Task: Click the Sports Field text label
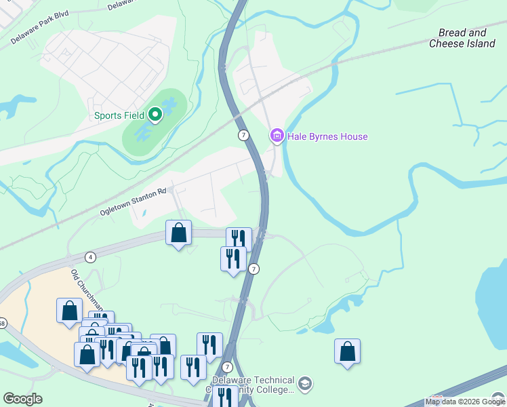click(x=119, y=115)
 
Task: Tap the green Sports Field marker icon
click(x=155, y=115)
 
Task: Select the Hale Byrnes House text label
click(x=327, y=136)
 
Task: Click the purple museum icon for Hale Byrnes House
click(x=277, y=136)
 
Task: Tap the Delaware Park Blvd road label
click(x=41, y=31)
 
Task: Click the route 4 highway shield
click(x=90, y=257)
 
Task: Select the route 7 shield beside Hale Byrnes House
click(x=243, y=136)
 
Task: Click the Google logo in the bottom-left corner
click(x=23, y=399)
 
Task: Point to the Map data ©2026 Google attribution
click(x=465, y=402)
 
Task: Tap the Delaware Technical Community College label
click(x=254, y=385)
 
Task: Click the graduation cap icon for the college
click(x=305, y=384)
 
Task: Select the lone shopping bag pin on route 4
click(x=178, y=234)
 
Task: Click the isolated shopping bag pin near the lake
click(x=347, y=351)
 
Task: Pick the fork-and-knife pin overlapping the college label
click(x=224, y=396)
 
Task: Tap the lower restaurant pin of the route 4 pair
click(x=233, y=259)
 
